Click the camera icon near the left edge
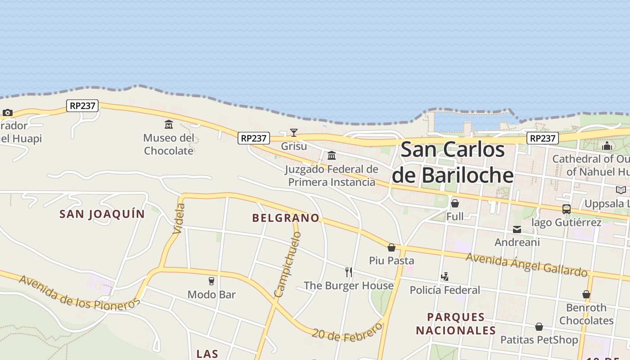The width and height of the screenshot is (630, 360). pyautogui.click(x=7, y=112)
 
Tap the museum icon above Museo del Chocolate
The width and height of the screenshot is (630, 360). pyautogui.click(x=169, y=124)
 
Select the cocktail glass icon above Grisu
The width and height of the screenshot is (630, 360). pyautogui.click(x=294, y=132)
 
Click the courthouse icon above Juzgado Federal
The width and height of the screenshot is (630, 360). pyautogui.click(x=332, y=156)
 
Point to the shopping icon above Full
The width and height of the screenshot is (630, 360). pyautogui.click(x=455, y=203)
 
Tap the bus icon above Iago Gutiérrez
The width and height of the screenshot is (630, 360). pyautogui.click(x=566, y=209)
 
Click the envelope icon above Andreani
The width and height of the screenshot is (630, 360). pyautogui.click(x=517, y=229)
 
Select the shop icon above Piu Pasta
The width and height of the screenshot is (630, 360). pyautogui.click(x=391, y=247)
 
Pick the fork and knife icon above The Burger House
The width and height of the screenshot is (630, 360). pyautogui.click(x=349, y=272)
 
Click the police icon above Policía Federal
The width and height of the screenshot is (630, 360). pyautogui.click(x=445, y=277)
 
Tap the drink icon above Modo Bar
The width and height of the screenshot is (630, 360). pyautogui.click(x=211, y=281)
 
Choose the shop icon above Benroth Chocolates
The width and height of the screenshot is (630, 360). pyautogui.click(x=586, y=294)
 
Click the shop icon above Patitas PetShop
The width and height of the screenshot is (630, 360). pyautogui.click(x=539, y=327)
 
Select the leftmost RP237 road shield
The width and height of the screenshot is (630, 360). pyautogui.click(x=83, y=106)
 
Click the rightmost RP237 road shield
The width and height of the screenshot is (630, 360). pyautogui.click(x=543, y=138)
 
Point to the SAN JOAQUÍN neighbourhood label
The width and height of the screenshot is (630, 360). pyautogui.click(x=102, y=214)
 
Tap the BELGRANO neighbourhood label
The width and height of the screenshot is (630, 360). pyautogui.click(x=286, y=218)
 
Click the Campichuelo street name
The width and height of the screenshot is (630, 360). pyautogui.click(x=287, y=265)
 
